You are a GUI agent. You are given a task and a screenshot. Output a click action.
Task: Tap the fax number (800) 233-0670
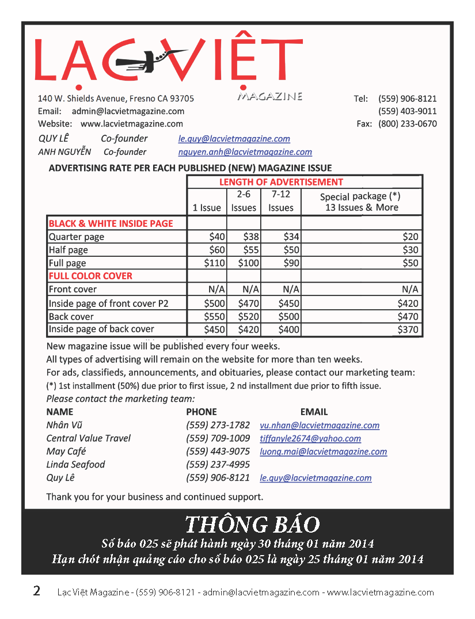click(407, 124)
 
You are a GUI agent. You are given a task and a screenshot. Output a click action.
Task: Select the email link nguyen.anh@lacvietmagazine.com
click(245, 153)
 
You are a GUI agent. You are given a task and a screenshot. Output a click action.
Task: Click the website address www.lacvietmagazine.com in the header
click(132, 124)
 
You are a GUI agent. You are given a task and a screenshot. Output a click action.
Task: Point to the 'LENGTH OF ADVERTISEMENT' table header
click(281, 182)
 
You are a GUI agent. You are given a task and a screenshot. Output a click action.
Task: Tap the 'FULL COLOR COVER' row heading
click(90, 276)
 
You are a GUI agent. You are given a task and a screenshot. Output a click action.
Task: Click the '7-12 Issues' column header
click(281, 201)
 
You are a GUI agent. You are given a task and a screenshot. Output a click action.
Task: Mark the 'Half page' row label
click(69, 250)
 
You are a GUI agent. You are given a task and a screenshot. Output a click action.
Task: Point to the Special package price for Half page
click(410, 250)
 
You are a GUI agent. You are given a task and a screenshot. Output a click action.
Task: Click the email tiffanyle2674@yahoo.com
click(310, 439)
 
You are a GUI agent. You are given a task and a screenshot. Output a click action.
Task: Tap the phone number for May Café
click(218, 451)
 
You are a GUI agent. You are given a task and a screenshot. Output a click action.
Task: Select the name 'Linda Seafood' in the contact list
click(75, 465)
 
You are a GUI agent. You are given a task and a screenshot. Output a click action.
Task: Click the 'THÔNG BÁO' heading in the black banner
click(252, 525)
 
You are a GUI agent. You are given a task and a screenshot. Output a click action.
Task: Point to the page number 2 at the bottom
click(37, 591)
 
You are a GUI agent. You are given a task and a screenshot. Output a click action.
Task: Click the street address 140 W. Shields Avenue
click(116, 98)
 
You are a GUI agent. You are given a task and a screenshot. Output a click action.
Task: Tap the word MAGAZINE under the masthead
click(269, 96)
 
